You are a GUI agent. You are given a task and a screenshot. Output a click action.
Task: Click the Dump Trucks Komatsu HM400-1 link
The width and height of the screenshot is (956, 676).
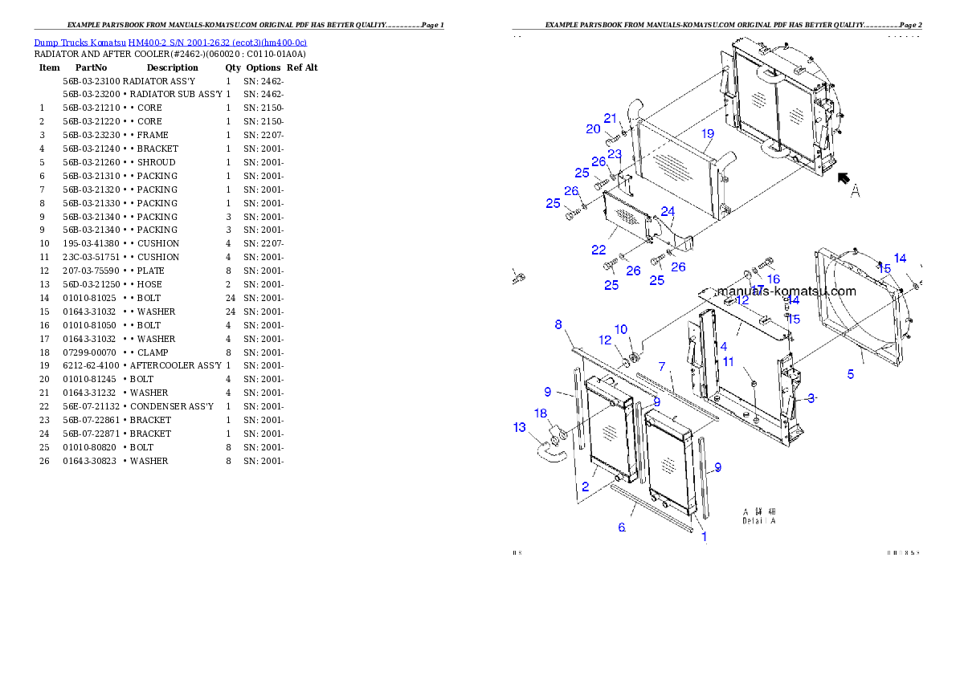click(170, 42)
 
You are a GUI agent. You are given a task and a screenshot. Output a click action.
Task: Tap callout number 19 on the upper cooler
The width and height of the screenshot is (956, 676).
click(707, 133)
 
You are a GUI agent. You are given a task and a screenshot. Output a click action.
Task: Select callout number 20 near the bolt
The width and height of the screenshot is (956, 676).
click(593, 129)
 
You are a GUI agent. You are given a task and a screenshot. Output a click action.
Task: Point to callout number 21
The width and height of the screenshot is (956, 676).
click(611, 119)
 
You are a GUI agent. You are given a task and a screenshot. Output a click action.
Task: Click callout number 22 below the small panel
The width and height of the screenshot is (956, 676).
click(598, 250)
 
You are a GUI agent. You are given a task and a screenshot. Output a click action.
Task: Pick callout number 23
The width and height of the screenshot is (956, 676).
click(615, 154)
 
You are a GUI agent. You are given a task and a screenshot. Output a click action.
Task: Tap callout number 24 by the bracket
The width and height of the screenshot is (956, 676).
click(668, 211)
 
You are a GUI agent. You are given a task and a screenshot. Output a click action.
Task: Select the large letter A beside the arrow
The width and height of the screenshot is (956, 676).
click(856, 191)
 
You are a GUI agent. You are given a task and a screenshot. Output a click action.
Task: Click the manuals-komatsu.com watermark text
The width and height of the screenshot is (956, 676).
click(786, 291)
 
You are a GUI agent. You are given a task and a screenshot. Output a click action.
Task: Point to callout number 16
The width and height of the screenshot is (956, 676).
click(774, 279)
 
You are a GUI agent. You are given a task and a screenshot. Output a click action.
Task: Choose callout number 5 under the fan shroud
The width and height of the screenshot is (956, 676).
click(850, 374)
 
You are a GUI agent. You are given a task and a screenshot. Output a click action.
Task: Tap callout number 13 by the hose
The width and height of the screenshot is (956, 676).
click(520, 428)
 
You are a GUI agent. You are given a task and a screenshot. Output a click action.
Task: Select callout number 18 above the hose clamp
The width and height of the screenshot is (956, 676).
click(541, 413)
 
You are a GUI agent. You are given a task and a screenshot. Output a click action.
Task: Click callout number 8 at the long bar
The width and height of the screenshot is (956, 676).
click(558, 324)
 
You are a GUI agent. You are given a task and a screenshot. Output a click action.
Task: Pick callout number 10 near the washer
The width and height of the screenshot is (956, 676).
click(621, 329)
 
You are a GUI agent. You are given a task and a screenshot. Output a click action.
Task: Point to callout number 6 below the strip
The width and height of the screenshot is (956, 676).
click(621, 527)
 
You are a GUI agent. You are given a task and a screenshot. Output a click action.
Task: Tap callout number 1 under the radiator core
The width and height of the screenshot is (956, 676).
click(705, 536)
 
